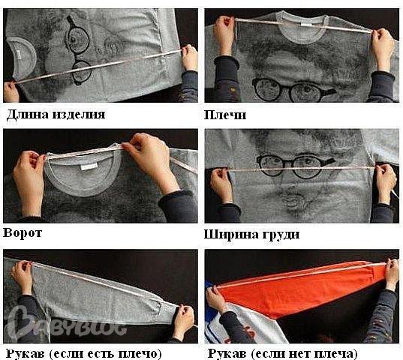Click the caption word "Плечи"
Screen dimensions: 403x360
(225, 115)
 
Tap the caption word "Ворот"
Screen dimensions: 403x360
(23, 233)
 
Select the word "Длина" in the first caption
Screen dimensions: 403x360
(27, 114)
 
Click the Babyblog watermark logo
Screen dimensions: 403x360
(65, 322)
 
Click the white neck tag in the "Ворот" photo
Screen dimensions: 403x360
(89, 166)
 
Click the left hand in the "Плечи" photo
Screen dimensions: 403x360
(224, 34)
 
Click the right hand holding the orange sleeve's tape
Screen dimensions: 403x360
(391, 274)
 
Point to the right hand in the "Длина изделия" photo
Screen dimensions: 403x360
(190, 58)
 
